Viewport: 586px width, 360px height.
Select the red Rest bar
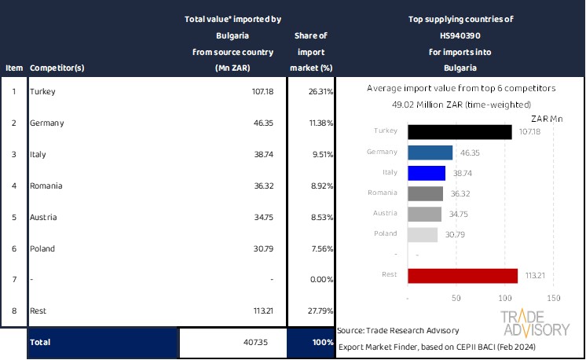coord(463,275)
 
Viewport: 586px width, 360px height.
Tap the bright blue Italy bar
coord(427,173)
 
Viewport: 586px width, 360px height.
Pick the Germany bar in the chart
coord(430,152)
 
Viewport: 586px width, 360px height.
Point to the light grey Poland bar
coord(423,234)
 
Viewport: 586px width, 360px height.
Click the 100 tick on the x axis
coord(505,299)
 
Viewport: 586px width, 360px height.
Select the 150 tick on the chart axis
coord(553,299)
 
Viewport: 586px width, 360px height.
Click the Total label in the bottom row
coord(41,343)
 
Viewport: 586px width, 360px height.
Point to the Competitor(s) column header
coord(57,68)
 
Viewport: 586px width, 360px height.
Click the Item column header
coord(13,68)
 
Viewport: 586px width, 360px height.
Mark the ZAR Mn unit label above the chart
coord(547,118)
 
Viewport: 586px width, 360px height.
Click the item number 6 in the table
coord(13,248)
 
